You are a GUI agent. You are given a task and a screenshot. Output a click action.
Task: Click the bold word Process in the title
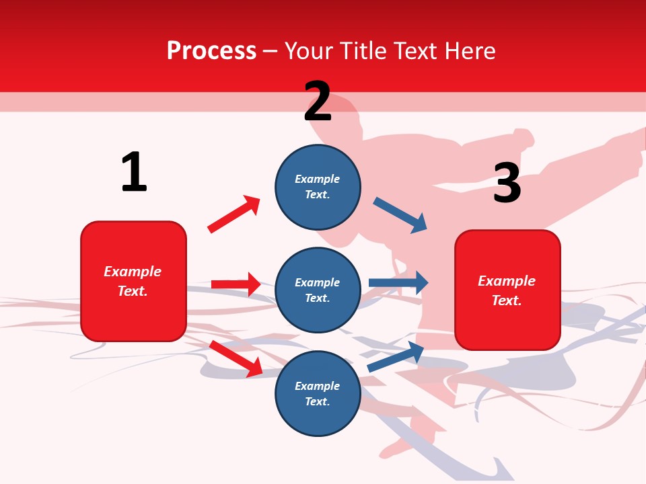(x=211, y=51)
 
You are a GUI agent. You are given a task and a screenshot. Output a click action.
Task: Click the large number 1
(x=134, y=173)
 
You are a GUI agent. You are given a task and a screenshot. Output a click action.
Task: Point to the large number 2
(x=318, y=102)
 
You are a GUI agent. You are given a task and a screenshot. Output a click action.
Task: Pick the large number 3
(x=507, y=184)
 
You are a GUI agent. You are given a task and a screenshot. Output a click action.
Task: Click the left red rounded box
(x=133, y=281)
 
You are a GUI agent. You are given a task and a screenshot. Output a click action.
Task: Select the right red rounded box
(x=507, y=290)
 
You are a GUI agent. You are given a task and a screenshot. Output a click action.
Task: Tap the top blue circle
(x=318, y=187)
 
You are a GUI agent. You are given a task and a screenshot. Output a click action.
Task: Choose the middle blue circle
(x=318, y=290)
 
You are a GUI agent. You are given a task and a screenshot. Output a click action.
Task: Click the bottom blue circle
(x=318, y=393)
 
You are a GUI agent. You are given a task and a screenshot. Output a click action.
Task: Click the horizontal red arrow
(x=236, y=284)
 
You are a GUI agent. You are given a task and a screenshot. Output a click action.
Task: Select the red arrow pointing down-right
(x=236, y=358)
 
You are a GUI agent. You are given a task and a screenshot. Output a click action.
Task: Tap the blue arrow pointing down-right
(x=400, y=215)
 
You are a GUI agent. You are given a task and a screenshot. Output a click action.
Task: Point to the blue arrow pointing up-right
(x=396, y=356)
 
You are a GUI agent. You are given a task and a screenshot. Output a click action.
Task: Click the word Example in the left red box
(x=133, y=272)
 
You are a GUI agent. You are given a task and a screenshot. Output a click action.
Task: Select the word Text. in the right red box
(x=507, y=300)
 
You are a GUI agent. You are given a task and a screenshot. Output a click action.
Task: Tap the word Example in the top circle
(x=318, y=179)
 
